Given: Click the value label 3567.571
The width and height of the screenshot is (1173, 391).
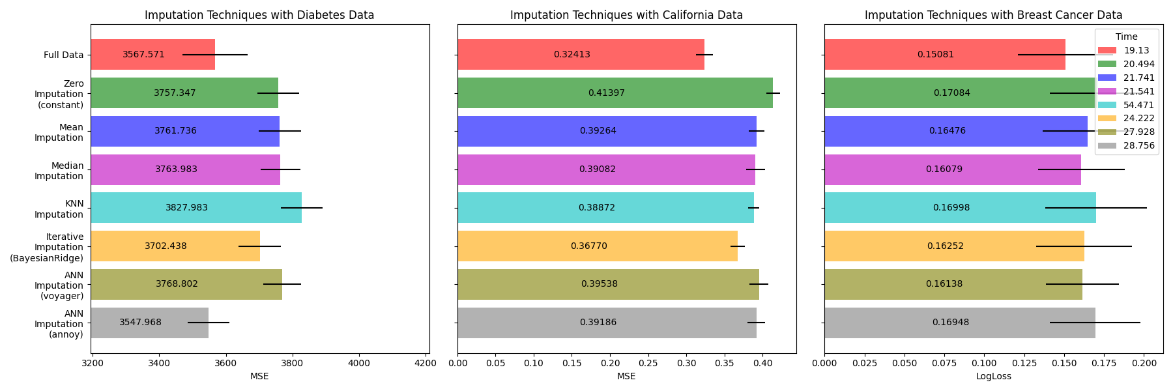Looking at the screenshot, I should (x=143, y=55).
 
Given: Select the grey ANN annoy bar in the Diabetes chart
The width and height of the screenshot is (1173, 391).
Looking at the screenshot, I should (x=149, y=323).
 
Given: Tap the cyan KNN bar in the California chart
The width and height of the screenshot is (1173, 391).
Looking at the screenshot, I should (x=605, y=208).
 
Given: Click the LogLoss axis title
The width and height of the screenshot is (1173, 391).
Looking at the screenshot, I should (x=993, y=376).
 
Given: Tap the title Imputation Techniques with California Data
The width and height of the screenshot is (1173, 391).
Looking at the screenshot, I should (x=626, y=15).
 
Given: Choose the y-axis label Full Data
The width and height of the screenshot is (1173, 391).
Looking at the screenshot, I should (x=63, y=55).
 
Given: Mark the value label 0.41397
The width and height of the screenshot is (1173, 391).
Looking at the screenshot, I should (x=606, y=93).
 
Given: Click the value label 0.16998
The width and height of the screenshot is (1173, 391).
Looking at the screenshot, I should (x=951, y=208).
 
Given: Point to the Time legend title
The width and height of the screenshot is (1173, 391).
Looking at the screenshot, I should (x=1126, y=37).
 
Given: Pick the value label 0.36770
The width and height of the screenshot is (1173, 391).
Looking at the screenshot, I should (x=588, y=246).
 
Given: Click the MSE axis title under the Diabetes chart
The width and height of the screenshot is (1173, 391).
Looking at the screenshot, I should (x=259, y=376).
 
